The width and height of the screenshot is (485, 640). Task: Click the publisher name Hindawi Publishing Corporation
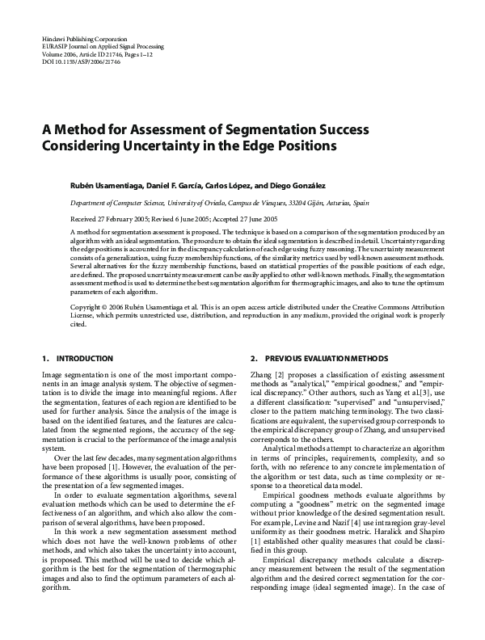click(x=83, y=39)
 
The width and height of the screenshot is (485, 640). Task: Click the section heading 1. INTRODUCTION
click(x=69, y=358)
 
